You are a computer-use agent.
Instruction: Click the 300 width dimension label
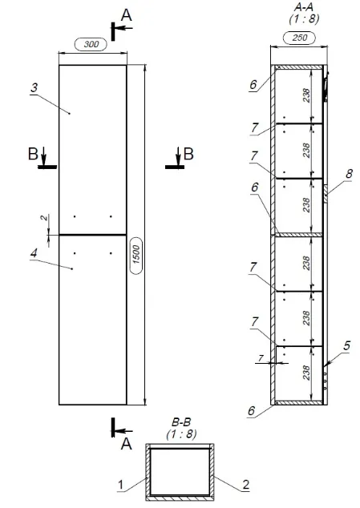coord(91,44)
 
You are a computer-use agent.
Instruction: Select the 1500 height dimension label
coord(136,255)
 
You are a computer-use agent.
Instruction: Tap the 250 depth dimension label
coord(299,38)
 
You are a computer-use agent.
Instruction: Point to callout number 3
coord(34,87)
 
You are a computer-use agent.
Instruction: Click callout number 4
coord(34,253)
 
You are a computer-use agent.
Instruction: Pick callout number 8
coord(349,174)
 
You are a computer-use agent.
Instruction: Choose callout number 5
coord(346,345)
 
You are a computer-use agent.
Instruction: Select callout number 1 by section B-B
coord(120,485)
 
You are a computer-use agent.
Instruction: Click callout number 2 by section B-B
coord(246,485)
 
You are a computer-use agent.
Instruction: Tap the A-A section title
coord(304,7)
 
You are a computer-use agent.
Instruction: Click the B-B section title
coord(181,422)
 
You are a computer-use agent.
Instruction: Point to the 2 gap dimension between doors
coord(44,218)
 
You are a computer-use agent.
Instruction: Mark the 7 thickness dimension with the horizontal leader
coord(261,358)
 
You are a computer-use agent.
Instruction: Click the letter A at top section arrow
coord(127,15)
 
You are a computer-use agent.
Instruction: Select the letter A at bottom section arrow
coord(127,444)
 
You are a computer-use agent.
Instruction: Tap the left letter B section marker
coord(33,154)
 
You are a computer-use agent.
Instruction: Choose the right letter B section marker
coord(188,154)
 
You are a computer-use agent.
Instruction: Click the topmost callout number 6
coord(253,85)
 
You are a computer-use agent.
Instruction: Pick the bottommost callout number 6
coord(252,410)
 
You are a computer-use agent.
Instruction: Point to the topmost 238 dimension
coord(306,95)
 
